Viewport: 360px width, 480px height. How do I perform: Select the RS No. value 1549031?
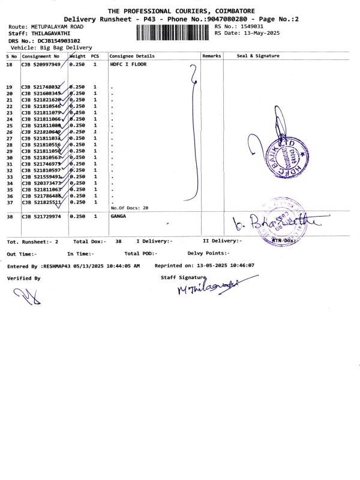coord(253,26)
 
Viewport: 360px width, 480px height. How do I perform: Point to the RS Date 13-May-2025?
coord(259,33)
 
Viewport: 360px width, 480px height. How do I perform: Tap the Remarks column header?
coord(212,56)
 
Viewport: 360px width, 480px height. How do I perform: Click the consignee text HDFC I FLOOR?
coord(129,64)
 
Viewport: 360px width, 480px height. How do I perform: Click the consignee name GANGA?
coord(119,216)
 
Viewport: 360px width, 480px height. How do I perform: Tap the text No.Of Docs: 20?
coord(129,208)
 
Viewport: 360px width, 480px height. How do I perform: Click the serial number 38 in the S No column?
coord(10,216)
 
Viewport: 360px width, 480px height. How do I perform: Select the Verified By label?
coord(24,278)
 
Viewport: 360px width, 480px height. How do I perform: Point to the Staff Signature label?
coord(183,277)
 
